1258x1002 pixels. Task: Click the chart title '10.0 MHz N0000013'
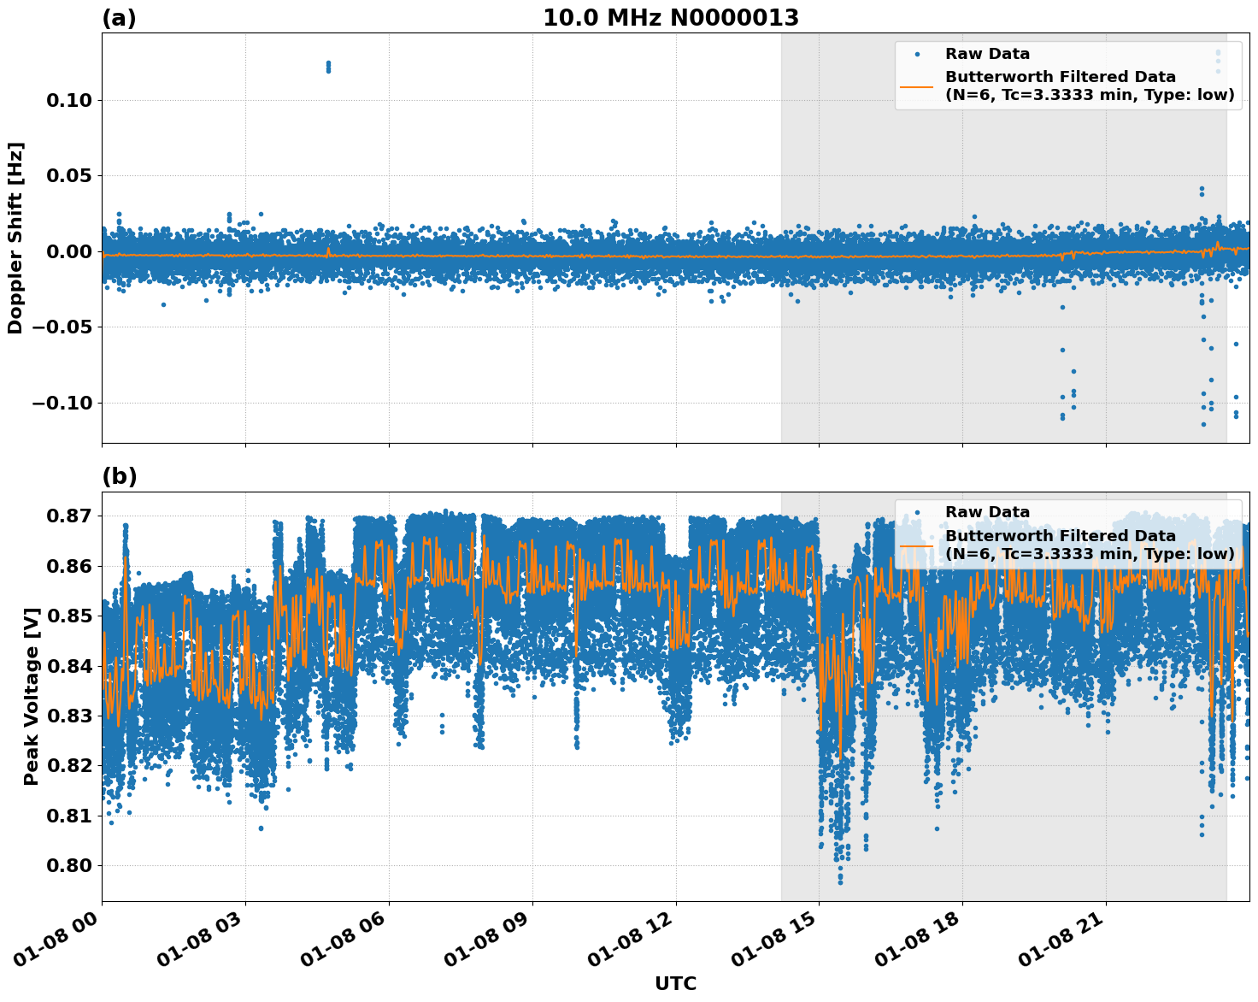pyautogui.click(x=671, y=18)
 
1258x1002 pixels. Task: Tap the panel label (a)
pyautogui.click(x=119, y=18)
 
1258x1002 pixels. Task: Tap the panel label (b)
pyautogui.click(x=119, y=476)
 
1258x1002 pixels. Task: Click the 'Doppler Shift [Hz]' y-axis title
pyautogui.click(x=15, y=238)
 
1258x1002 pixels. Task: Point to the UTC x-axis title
pyautogui.click(x=675, y=983)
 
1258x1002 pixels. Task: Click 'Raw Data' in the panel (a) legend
pyautogui.click(x=987, y=54)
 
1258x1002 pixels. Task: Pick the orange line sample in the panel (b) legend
pyautogui.click(x=916, y=545)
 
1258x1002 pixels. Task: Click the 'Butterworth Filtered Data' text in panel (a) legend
pyautogui.click(x=1060, y=77)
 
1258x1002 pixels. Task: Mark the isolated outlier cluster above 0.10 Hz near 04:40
pyautogui.click(x=328, y=67)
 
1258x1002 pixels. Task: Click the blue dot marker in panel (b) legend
pyautogui.click(x=916, y=512)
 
